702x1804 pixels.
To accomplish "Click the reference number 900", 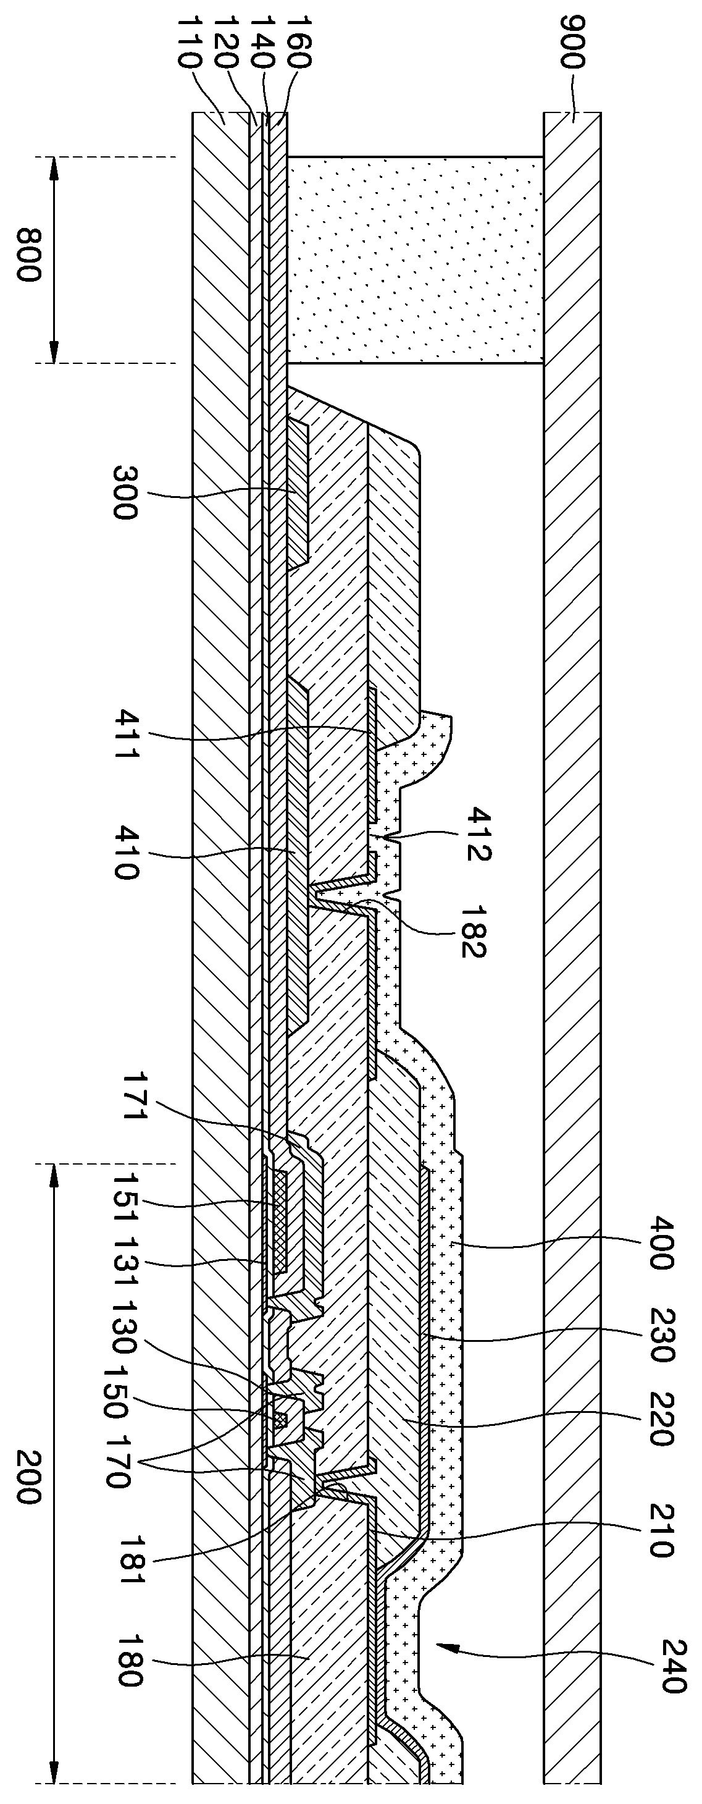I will pos(572,49).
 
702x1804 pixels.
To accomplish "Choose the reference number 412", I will pos(480,833).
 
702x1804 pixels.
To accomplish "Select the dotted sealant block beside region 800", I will pos(415,259).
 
